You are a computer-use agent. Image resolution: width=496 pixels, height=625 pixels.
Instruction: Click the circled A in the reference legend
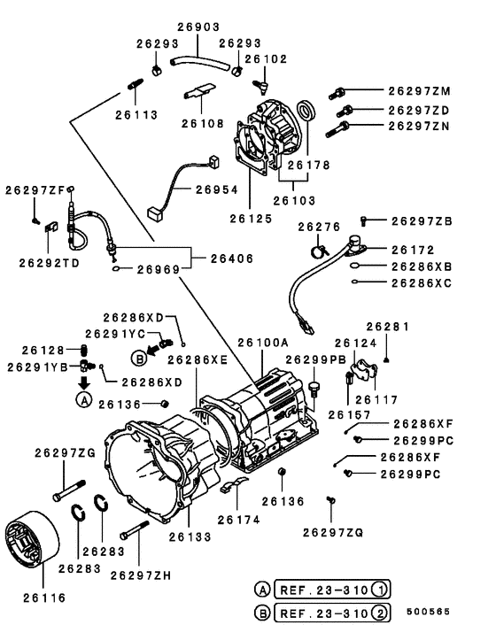click(262, 590)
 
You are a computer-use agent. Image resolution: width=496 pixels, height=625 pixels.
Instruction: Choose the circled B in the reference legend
click(262, 611)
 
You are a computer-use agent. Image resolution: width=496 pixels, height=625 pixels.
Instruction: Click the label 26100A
click(263, 342)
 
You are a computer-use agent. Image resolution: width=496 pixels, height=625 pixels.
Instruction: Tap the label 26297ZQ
click(333, 532)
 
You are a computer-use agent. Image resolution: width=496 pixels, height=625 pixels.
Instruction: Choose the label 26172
click(412, 250)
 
